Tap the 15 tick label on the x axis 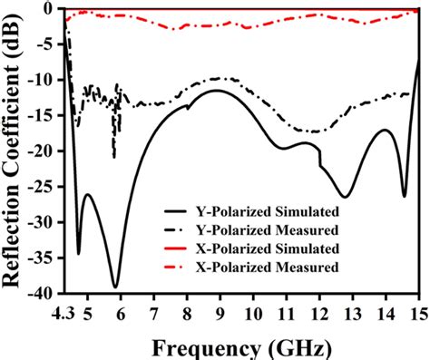(x=416, y=312)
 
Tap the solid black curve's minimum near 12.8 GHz (x=346, y=197)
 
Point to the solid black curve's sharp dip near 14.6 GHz (x=405, y=196)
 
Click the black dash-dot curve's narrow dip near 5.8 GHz (x=113, y=157)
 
